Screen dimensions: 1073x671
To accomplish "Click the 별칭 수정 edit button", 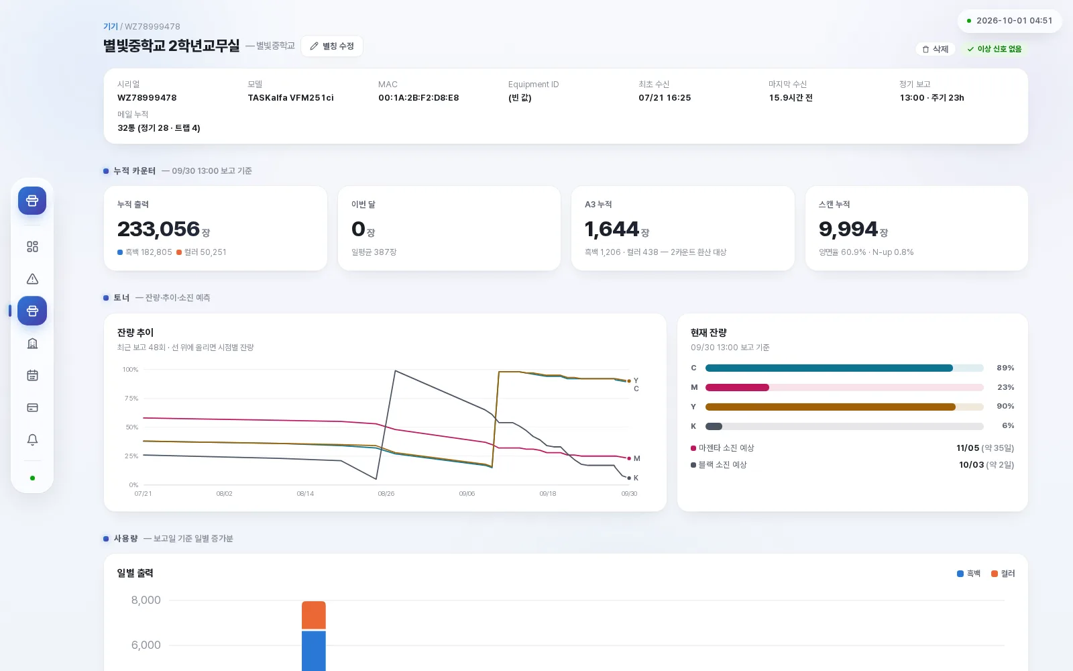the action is click(x=332, y=46).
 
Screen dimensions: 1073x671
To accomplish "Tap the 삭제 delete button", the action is click(x=935, y=49).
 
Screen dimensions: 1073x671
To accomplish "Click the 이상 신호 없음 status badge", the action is click(x=994, y=49).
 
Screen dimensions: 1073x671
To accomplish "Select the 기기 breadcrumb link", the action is click(x=110, y=26).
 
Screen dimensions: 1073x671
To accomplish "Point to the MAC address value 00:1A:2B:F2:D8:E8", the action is click(x=418, y=98).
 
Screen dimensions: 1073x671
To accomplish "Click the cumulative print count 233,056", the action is click(x=158, y=229).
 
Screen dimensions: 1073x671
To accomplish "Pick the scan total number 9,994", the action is click(x=848, y=229).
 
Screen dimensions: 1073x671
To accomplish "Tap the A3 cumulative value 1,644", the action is click(x=612, y=229).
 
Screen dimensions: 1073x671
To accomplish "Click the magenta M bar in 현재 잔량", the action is click(x=737, y=387).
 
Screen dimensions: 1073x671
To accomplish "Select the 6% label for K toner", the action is click(x=1008, y=425).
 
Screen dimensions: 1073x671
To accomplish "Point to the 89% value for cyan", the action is click(x=1005, y=368).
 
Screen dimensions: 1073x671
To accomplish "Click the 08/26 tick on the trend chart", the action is click(x=386, y=494).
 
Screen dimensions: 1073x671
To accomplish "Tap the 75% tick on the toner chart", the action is click(x=131, y=399).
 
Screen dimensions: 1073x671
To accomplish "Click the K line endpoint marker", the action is click(x=629, y=478).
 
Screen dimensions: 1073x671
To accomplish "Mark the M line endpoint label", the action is click(x=636, y=459).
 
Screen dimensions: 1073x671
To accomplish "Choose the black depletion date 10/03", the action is click(x=971, y=465).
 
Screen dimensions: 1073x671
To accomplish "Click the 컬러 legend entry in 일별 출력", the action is click(x=1003, y=574).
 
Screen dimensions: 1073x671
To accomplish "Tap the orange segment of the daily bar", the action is click(x=314, y=615).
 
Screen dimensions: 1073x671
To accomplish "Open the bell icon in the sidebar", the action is click(x=33, y=440).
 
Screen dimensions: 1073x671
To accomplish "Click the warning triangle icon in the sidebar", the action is click(x=33, y=279).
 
